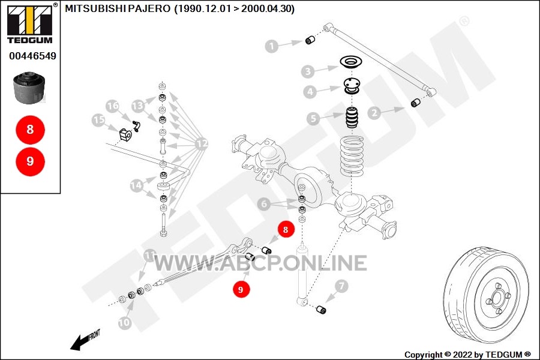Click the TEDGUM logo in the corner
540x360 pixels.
[x=30, y=24]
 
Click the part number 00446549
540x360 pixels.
[x=33, y=56]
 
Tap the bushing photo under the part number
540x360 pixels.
[x=29, y=88]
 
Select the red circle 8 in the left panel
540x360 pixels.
[x=31, y=130]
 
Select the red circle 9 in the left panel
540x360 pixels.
[x=31, y=161]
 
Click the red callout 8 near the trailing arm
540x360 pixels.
[x=285, y=229]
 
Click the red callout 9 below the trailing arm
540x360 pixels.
[x=241, y=289]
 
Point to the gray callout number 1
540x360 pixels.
[x=272, y=46]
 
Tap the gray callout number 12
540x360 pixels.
[x=202, y=143]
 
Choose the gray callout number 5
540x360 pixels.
[x=313, y=119]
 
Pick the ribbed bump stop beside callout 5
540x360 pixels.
[x=352, y=118]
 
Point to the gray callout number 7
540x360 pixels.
[x=341, y=286]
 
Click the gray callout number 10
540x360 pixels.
[x=124, y=322]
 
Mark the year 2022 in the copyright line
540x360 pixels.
[x=463, y=355]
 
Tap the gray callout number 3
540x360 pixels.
[x=308, y=71]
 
